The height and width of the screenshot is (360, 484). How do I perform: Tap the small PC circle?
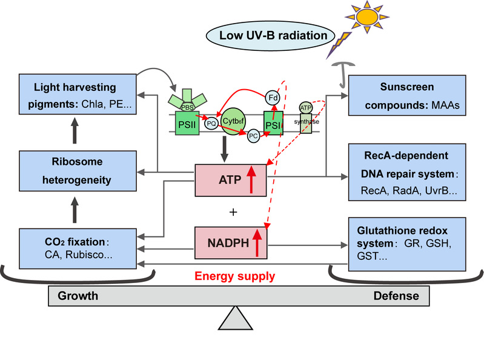254,137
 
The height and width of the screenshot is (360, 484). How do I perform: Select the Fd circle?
273,96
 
